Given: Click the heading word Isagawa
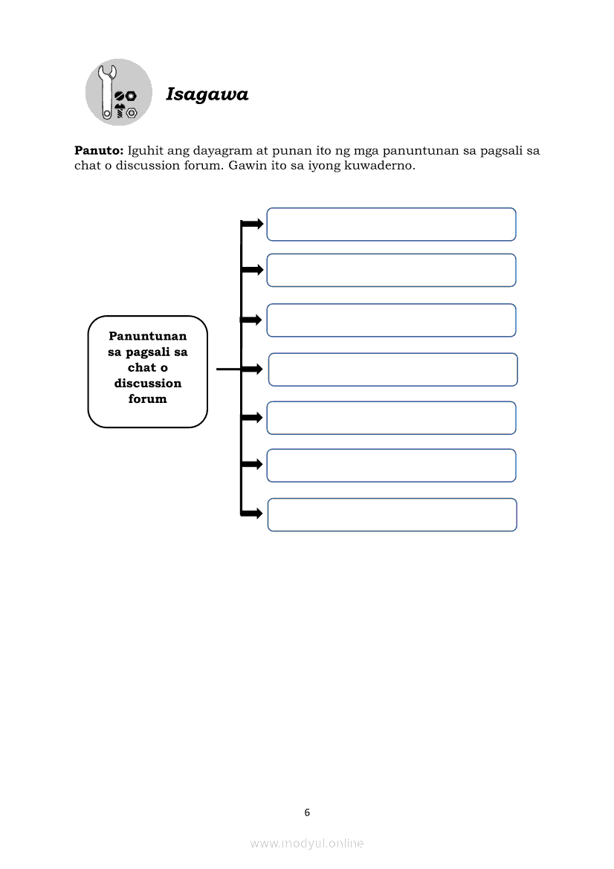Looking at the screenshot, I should pos(207,94).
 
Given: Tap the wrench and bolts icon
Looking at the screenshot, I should pos(119,92).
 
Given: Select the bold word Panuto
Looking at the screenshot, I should pos(98,151).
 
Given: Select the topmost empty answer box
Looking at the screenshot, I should pos(391,224).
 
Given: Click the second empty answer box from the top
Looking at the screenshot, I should pos(391,270).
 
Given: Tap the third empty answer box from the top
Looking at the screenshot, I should pos(391,320).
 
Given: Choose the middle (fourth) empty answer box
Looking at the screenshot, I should pos(392,369).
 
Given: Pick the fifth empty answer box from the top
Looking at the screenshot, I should pos(391,418).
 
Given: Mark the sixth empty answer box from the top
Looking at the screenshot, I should pos(391,465).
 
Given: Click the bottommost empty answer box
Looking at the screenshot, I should pos(392,514).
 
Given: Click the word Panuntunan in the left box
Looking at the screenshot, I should pos(148,336).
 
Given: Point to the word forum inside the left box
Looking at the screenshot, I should pos(148,399).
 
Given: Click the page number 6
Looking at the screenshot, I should pos(307,813).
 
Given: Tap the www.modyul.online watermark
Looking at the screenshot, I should pos(307,844).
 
